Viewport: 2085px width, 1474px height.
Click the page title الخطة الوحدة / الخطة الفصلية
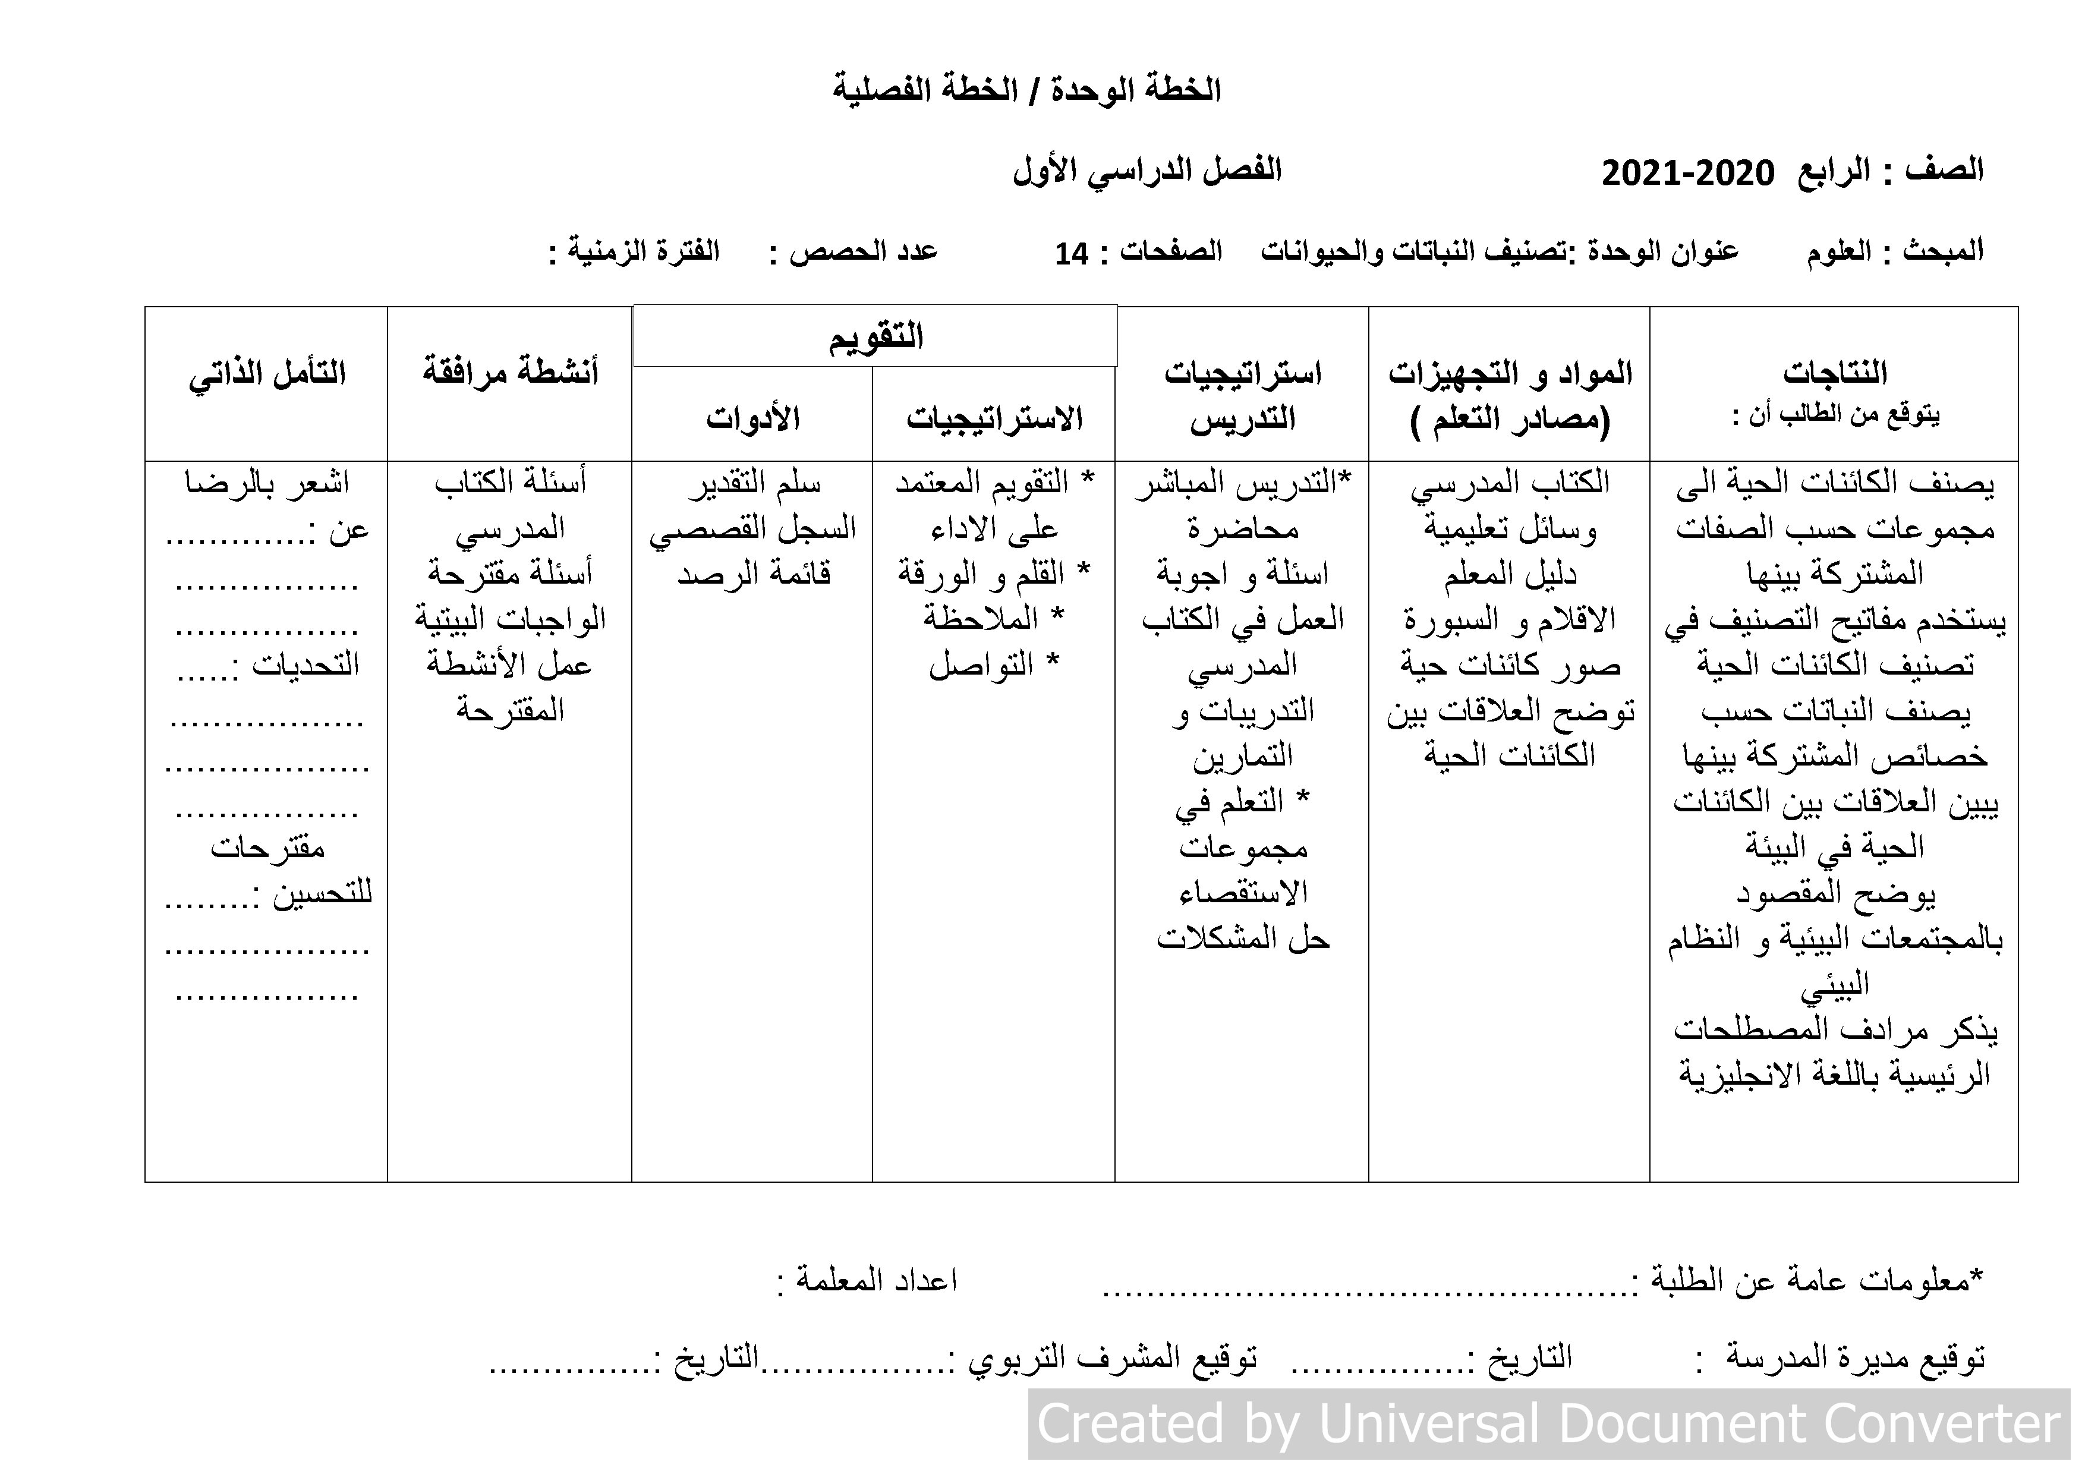click(1027, 90)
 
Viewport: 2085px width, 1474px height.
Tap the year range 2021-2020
click(1686, 172)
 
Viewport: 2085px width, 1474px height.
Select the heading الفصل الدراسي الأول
click(1147, 170)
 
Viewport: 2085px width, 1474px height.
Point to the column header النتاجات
click(1834, 372)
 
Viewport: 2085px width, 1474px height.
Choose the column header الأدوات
click(753, 418)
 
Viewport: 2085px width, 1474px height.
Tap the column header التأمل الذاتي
click(267, 373)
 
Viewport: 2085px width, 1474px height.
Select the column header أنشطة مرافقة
click(511, 372)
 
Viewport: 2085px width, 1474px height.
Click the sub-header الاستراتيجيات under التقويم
click(994, 418)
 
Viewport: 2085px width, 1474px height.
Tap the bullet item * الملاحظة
click(993, 619)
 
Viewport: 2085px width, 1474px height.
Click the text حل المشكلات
click(1242, 938)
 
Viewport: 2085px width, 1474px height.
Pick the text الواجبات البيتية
click(511, 619)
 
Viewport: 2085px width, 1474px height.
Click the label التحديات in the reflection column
click(304, 666)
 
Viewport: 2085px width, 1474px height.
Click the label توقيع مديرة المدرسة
click(1855, 1358)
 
